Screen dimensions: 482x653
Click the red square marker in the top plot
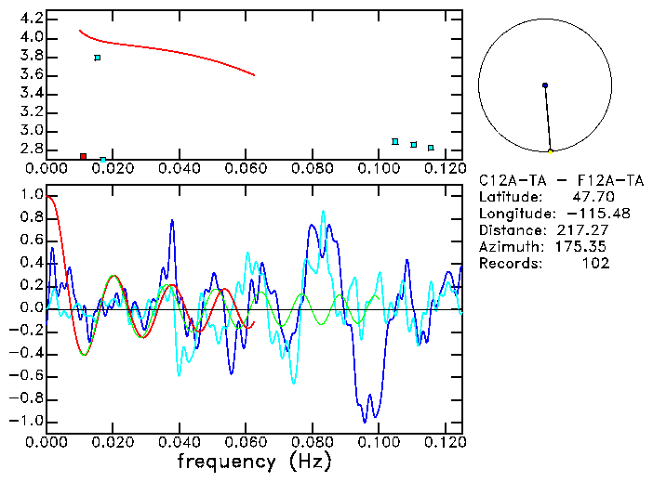83,156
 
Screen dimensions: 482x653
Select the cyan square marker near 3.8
98,58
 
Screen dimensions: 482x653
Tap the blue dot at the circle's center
545,85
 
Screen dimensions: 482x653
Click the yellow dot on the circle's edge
551,150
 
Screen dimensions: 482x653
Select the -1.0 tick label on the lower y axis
27,421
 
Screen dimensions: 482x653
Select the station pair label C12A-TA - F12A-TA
561,180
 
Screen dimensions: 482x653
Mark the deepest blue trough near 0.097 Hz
365,422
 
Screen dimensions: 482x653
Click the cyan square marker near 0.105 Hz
395,141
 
